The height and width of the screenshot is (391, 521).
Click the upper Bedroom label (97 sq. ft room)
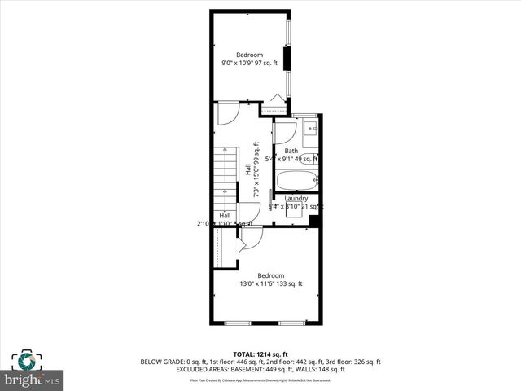point(249,55)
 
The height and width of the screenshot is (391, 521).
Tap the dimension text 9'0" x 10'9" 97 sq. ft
point(249,63)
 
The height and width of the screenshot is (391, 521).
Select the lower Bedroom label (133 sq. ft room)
point(270,275)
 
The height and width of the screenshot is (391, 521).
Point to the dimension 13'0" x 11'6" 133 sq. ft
point(270,283)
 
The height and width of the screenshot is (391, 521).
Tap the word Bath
point(291,151)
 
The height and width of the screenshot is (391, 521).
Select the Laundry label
point(296,199)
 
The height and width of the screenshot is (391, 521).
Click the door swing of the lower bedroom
point(252,238)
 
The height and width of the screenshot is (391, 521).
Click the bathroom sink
point(309,127)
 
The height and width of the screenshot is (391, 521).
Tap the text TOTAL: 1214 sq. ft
point(260,354)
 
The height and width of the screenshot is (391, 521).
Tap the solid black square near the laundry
point(314,222)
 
